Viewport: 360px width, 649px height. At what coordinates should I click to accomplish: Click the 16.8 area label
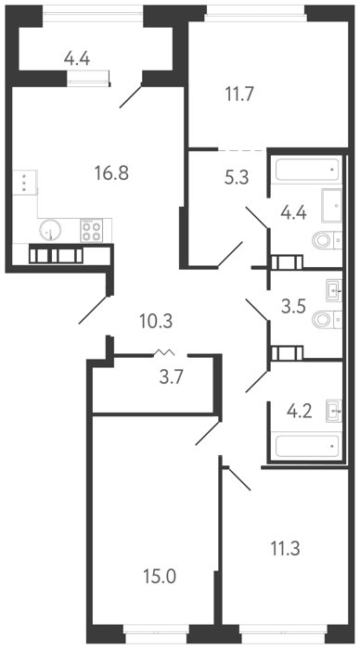coord(111,173)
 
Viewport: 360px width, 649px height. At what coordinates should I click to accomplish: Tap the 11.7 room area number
coord(239,95)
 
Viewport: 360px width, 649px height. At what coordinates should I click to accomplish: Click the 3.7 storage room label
coord(171,377)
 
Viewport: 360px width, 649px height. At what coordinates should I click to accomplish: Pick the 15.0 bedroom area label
coord(160,576)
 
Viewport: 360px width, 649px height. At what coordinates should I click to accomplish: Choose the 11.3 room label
coord(286,550)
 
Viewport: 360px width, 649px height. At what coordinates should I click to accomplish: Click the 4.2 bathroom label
coord(299,413)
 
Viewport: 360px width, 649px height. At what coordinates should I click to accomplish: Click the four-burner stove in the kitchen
coord(92,231)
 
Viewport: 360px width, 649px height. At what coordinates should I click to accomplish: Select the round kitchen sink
coord(50,229)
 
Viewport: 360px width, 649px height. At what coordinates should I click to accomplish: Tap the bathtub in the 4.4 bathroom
coord(307,170)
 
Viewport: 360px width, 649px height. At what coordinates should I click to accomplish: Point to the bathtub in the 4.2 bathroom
coord(307,446)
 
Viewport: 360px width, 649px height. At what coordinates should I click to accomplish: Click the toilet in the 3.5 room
coord(327,320)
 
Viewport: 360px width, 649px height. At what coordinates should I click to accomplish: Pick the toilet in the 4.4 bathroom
coord(327,240)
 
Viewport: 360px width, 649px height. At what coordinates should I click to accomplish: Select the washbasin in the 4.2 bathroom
coord(334,411)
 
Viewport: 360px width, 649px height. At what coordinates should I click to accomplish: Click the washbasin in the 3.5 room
coord(334,290)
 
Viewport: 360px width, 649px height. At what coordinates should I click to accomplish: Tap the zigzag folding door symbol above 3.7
coord(164,352)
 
